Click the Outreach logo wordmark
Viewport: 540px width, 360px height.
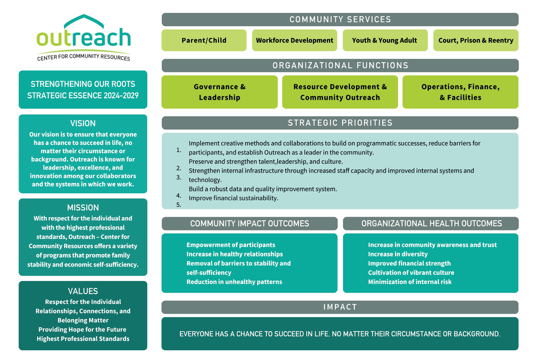pyautogui.click(x=84, y=38)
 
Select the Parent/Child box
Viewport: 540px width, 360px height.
pyautogui.click(x=204, y=40)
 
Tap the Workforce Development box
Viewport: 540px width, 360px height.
pyautogui.click(x=295, y=40)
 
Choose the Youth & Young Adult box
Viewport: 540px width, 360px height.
pyautogui.click(x=385, y=40)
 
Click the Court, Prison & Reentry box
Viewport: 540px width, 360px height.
pyautogui.click(x=476, y=40)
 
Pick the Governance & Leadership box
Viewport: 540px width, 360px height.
pyautogui.click(x=220, y=92)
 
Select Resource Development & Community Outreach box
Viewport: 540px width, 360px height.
pyautogui.click(x=340, y=92)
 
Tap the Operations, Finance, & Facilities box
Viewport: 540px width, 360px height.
pyautogui.click(x=460, y=92)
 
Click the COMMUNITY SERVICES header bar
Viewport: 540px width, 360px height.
pyautogui.click(x=340, y=19)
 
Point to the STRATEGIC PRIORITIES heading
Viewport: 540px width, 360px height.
pyautogui.click(x=340, y=123)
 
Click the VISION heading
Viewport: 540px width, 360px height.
pyautogui.click(x=83, y=123)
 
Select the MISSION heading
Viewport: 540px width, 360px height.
pyautogui.click(x=83, y=207)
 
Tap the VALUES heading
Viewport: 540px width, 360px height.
pyautogui.click(x=83, y=291)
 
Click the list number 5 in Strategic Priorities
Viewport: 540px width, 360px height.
pyautogui.click(x=179, y=205)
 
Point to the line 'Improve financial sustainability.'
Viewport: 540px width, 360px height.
pyautogui.click(x=233, y=198)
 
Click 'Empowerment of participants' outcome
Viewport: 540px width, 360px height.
pyautogui.click(x=230, y=245)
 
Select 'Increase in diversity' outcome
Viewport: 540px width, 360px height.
pyautogui.click(x=398, y=254)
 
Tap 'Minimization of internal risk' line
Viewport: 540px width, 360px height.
pyautogui.click(x=410, y=282)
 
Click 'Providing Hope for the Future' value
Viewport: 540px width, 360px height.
pyautogui.click(x=82, y=329)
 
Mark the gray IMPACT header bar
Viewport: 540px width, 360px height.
pyautogui.click(x=340, y=307)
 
